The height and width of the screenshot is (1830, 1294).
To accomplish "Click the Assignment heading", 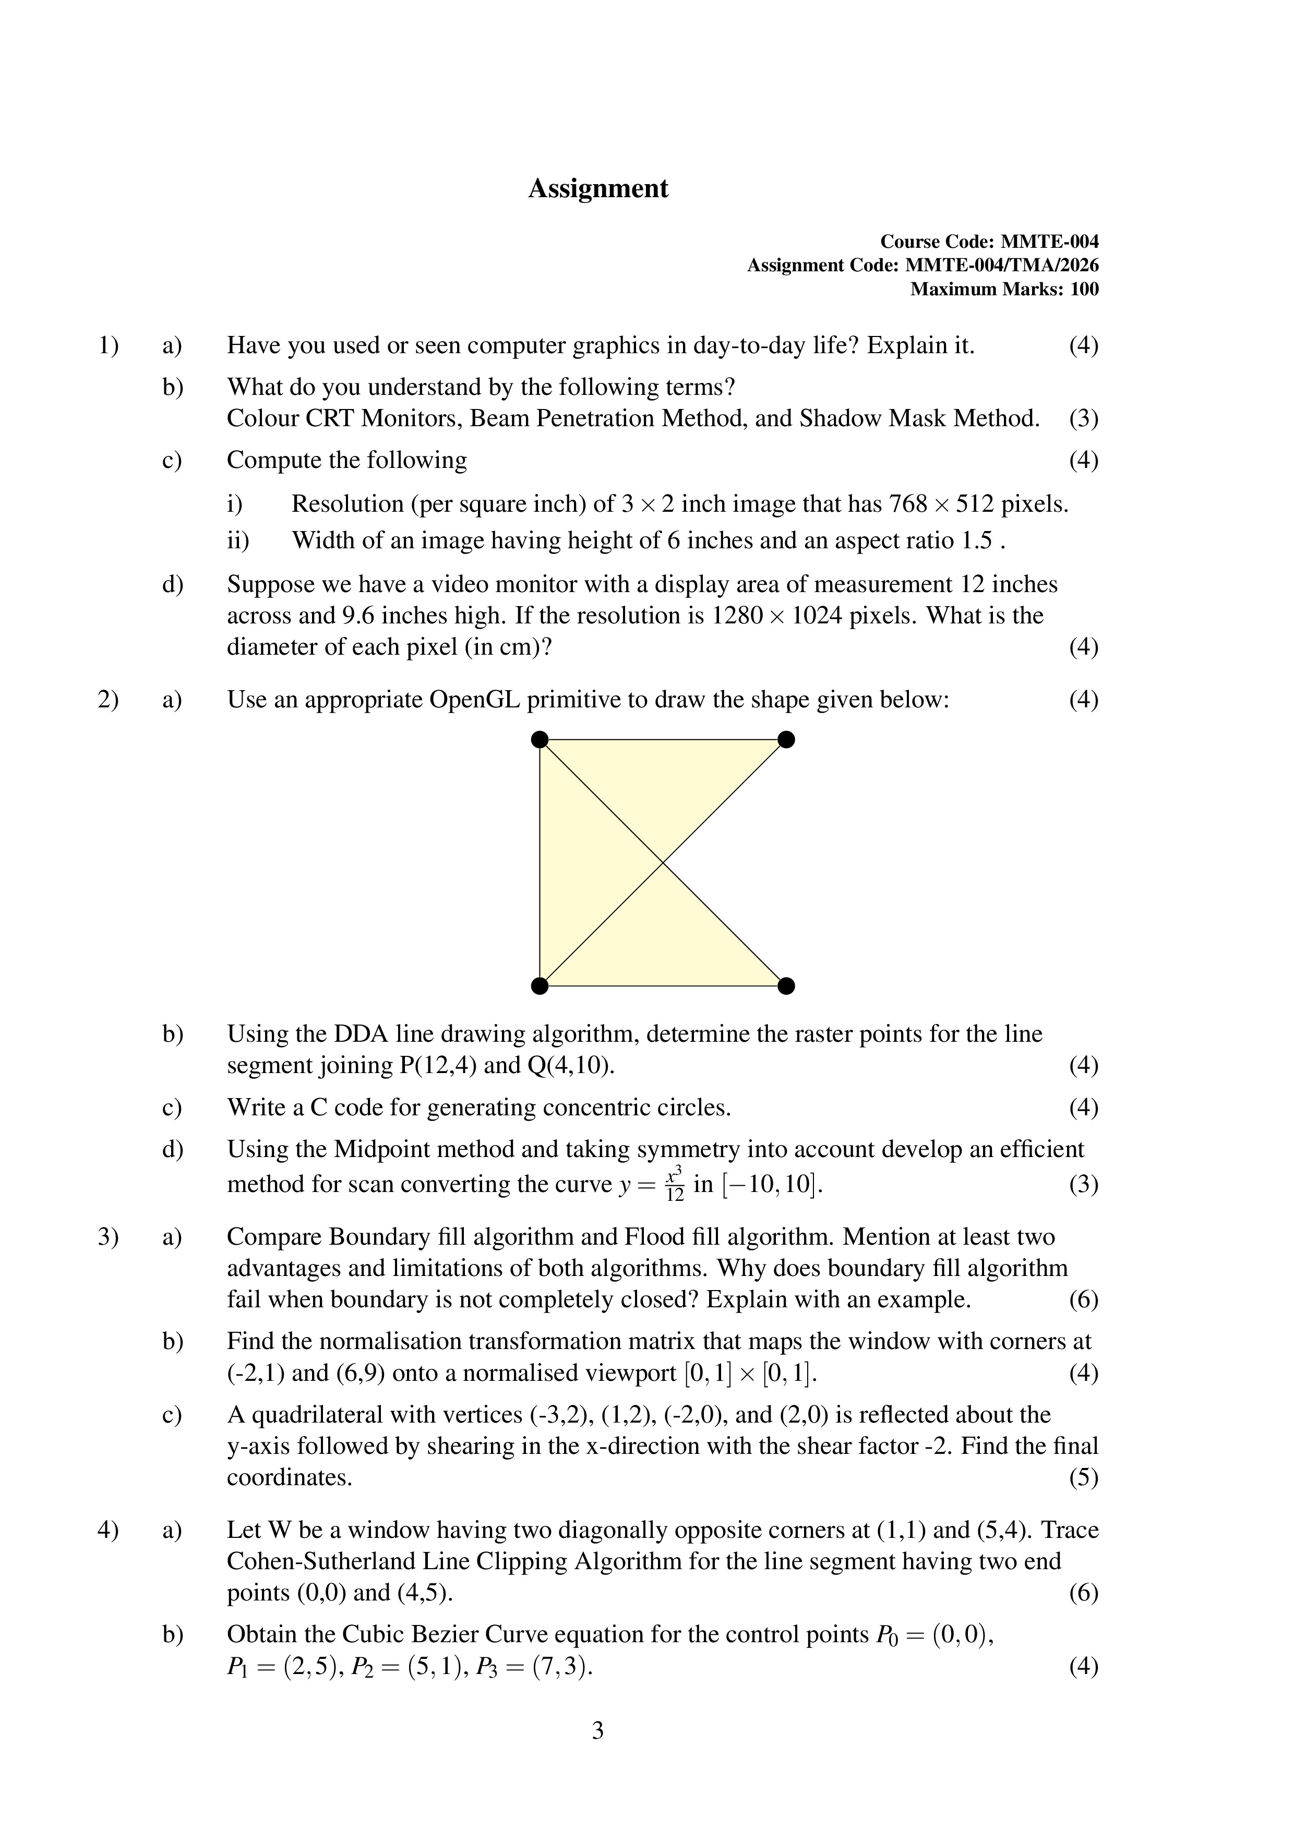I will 598,189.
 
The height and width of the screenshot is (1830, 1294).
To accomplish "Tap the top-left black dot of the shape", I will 540,740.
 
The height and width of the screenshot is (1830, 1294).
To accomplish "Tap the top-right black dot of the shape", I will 786,740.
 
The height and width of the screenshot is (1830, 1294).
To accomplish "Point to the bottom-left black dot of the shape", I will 540,986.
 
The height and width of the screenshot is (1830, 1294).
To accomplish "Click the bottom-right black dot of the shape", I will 786,986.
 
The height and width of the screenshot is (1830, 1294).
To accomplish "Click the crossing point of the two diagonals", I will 663,862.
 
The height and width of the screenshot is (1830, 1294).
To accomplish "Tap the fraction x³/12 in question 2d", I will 675,1184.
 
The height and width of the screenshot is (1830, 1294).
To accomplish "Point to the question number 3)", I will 107,1237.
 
